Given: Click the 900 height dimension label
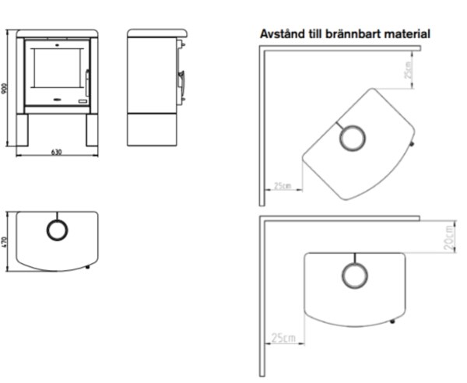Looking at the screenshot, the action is coord(5,89).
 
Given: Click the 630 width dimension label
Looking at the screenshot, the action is coord(57,152).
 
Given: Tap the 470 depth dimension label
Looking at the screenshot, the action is coord(4,242).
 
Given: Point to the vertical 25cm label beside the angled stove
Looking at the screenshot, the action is coord(409,70).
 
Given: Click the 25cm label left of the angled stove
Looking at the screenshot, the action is coord(283,186).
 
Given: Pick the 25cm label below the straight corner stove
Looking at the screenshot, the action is coord(283,338).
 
